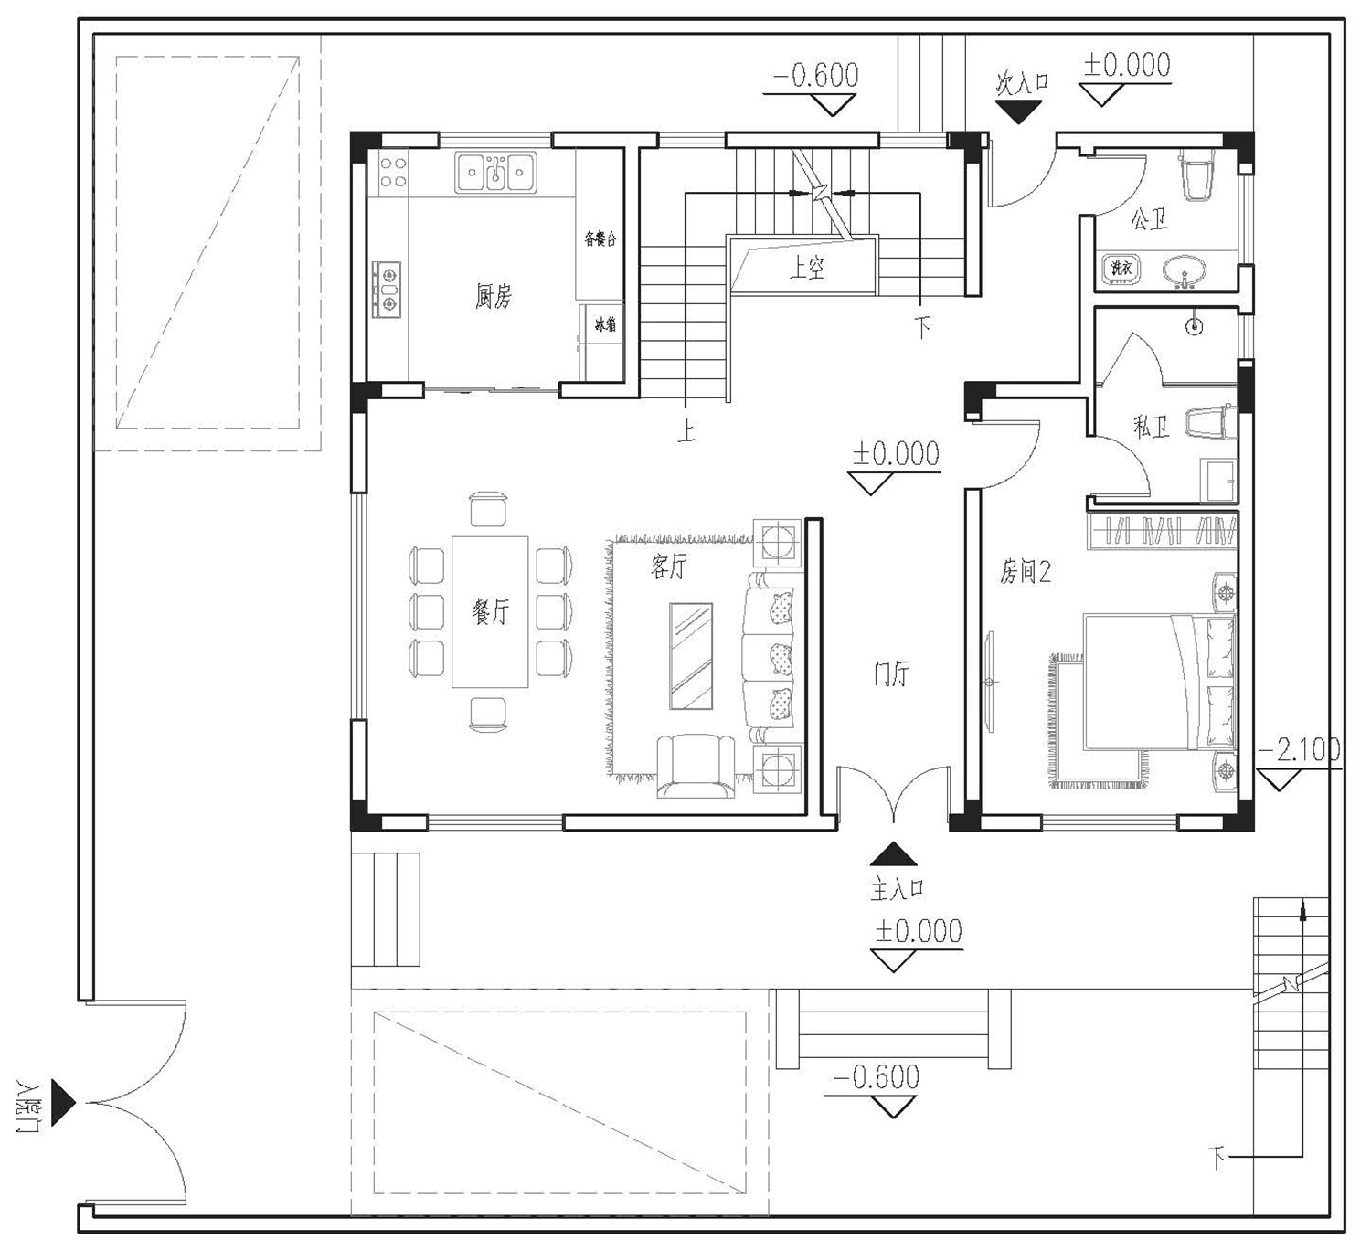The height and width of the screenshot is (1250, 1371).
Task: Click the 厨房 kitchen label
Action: pyautogui.click(x=493, y=297)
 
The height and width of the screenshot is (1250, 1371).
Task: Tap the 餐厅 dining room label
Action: pyautogui.click(x=490, y=610)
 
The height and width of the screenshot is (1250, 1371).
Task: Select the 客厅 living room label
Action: pyautogui.click(x=668, y=567)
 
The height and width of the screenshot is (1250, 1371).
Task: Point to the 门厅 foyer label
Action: pyautogui.click(x=891, y=673)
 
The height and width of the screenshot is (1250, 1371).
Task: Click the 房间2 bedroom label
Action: pyautogui.click(x=1026, y=571)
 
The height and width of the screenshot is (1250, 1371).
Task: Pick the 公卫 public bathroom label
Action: pyautogui.click(x=1149, y=219)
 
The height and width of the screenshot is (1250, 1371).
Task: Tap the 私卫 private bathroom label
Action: pyautogui.click(x=1152, y=427)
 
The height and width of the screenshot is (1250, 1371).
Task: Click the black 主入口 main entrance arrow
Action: pyautogui.click(x=893, y=854)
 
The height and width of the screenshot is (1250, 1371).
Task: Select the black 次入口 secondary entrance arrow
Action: pyautogui.click(x=1018, y=111)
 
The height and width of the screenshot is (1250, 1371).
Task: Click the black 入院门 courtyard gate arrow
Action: pyautogui.click(x=63, y=1103)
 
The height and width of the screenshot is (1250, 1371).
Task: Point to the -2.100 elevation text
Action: pyautogui.click(x=1298, y=751)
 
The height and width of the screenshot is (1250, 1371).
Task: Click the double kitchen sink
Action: pyautogui.click(x=495, y=172)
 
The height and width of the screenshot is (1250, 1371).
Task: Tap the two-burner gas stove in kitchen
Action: pyautogui.click(x=386, y=290)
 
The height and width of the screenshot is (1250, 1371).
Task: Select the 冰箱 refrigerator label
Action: pyautogui.click(x=605, y=323)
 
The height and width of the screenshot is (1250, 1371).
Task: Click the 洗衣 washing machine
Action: pyautogui.click(x=1121, y=268)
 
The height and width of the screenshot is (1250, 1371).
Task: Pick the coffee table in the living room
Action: pyautogui.click(x=691, y=656)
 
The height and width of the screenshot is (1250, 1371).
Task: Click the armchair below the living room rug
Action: pyautogui.click(x=696, y=766)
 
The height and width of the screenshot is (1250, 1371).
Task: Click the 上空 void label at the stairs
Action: pyautogui.click(x=807, y=267)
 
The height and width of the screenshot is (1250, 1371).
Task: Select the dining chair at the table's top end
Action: pyautogui.click(x=489, y=509)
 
